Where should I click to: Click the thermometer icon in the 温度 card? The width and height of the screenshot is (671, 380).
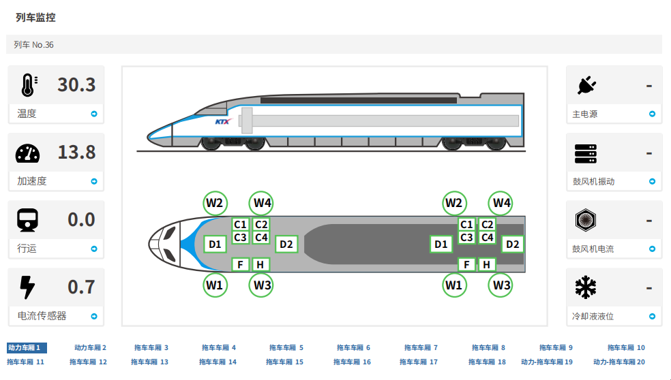[27, 85]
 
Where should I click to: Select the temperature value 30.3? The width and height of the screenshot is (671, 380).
[76, 85]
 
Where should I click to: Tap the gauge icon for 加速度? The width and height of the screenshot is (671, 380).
[27, 153]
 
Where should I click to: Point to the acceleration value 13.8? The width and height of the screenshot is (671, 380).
[76, 153]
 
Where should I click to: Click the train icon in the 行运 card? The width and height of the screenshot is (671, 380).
[27, 220]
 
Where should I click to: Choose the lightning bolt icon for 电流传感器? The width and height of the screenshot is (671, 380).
[27, 287]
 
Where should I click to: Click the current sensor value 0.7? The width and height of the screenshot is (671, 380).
[81, 287]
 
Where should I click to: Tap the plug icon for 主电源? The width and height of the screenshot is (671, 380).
[586, 85]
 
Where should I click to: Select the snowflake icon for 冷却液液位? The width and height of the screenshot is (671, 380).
[586, 287]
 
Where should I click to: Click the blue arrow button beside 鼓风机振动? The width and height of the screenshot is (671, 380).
[652, 182]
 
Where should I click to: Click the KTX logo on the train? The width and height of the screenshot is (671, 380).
[224, 122]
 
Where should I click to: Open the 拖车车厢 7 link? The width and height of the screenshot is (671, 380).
[421, 348]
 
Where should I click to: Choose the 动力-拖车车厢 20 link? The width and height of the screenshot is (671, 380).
[618, 362]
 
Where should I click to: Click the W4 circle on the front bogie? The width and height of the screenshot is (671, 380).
[263, 202]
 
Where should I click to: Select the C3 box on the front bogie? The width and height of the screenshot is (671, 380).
[240, 238]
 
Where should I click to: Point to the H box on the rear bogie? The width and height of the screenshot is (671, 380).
[487, 265]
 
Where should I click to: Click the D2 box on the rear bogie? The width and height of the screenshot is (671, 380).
[513, 244]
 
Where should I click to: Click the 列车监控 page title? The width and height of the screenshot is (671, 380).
[35, 18]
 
